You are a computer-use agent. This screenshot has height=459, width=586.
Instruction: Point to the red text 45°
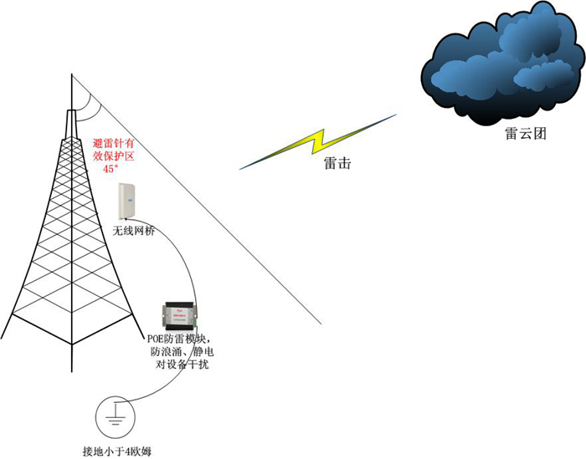(x=110, y=169)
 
